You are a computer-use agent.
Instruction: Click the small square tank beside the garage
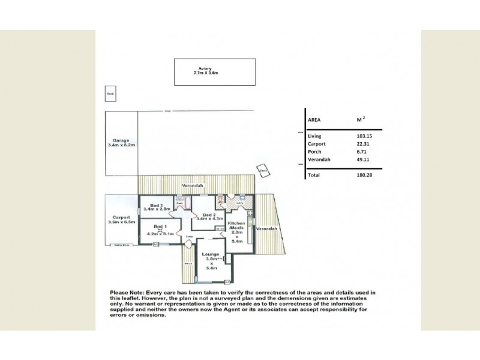click(x=110, y=94)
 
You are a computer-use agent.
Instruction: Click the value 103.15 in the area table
click(x=364, y=137)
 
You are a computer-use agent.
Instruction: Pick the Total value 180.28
click(x=364, y=175)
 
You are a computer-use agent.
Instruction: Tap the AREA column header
click(x=314, y=120)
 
